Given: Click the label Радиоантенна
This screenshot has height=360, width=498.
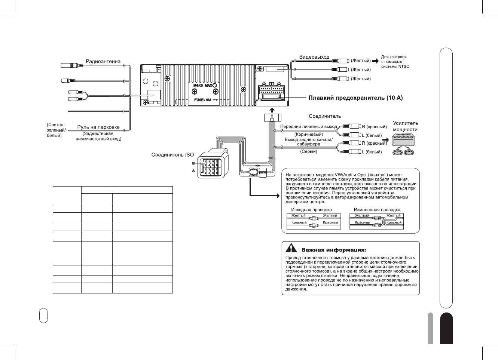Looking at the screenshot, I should pos(103,61).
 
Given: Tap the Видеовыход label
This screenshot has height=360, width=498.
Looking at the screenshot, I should pos(314,57).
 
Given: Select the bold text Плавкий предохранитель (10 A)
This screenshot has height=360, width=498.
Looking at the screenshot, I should pos(355,98).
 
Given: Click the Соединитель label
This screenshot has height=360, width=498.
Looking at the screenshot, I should pos(324,116).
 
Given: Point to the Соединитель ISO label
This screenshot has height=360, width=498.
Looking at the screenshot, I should pos(172,155).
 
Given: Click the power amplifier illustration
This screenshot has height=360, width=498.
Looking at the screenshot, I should pos(403,146).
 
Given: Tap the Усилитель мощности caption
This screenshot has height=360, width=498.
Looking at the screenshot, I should pos(405,126).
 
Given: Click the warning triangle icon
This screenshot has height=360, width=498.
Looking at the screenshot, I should pos(291,249).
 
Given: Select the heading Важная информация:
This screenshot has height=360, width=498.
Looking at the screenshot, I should pos(333,250).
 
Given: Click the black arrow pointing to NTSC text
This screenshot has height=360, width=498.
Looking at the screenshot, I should pos(375,61).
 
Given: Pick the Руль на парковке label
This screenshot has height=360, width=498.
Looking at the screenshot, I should pos(98,127).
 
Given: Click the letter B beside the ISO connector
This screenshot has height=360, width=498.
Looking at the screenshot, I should pos(193,163).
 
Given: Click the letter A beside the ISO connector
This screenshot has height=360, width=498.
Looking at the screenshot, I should pos(193,171).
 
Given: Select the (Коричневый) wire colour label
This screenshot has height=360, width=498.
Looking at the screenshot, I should pos(308,134).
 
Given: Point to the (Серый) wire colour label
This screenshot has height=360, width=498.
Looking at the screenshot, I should pos(309,151).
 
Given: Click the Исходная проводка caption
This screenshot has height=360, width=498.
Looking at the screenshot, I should pos(311,210).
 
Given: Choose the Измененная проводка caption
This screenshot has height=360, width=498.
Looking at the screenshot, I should pos(377,210).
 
